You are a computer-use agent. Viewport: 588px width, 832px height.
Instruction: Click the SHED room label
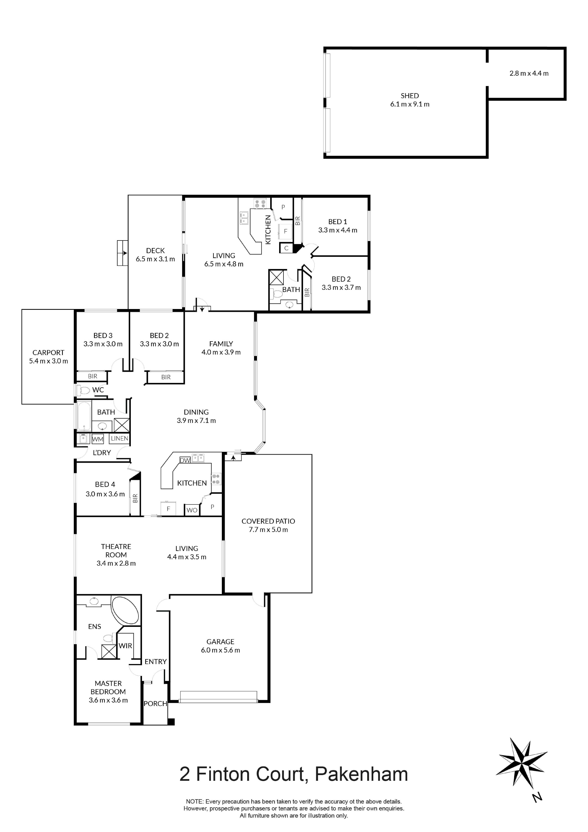click(x=410, y=96)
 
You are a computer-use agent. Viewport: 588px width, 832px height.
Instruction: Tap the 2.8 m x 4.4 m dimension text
click(x=529, y=73)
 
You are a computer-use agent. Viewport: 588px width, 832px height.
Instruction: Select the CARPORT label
click(x=48, y=353)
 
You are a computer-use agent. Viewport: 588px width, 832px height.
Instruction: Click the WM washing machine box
click(x=98, y=439)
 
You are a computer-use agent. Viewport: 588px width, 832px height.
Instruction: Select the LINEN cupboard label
click(x=120, y=438)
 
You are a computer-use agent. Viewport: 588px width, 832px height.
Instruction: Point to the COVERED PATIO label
click(x=268, y=521)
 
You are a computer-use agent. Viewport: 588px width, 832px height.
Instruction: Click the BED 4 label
click(x=105, y=485)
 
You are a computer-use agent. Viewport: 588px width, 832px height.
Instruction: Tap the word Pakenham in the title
click(x=361, y=774)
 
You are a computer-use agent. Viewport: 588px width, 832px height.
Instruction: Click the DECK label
click(x=156, y=250)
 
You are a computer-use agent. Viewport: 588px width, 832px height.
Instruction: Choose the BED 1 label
click(x=338, y=221)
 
